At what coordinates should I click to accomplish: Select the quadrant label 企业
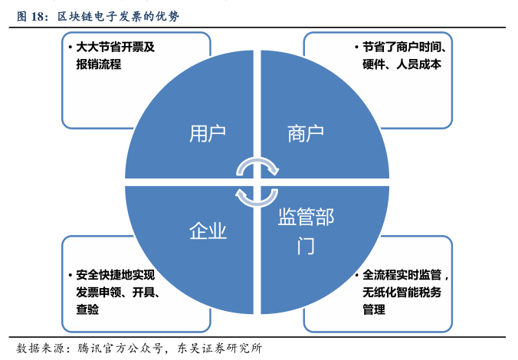coord(208,231)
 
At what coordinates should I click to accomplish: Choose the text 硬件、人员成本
coord(402,64)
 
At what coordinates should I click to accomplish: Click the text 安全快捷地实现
coord(116,273)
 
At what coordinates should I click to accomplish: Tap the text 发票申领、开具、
coord(116,291)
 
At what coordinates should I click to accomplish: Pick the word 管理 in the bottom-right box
coord(374,309)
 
